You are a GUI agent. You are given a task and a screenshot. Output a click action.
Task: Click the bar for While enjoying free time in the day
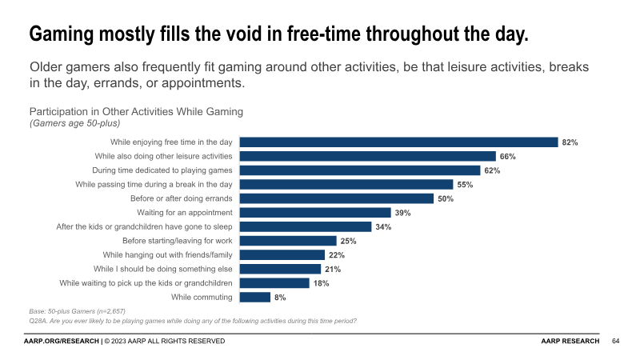(x=398, y=142)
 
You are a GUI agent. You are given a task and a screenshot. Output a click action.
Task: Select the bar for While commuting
(x=255, y=297)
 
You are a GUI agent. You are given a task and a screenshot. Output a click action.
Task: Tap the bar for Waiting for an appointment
(x=315, y=212)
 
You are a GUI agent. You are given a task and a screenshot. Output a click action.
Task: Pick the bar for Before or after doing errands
(x=337, y=198)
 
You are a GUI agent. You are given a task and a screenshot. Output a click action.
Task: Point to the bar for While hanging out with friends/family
(x=282, y=254)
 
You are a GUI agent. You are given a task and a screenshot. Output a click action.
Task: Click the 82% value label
(x=570, y=142)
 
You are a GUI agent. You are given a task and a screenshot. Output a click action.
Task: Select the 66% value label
(x=507, y=157)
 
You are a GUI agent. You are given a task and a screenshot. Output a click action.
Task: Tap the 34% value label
(x=383, y=226)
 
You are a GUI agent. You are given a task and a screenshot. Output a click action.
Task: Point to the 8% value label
(x=280, y=297)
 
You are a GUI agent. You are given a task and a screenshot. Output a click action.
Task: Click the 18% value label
(x=321, y=283)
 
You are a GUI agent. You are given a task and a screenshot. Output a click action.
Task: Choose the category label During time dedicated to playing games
(x=162, y=170)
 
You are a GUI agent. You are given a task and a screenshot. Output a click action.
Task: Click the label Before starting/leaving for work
(x=178, y=240)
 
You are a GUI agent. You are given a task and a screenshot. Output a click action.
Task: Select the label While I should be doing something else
(x=163, y=269)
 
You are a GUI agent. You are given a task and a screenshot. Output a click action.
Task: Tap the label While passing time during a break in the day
(x=154, y=184)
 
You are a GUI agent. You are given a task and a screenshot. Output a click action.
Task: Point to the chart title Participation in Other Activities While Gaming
(x=136, y=111)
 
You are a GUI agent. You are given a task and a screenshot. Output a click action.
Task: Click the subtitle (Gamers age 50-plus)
(x=74, y=123)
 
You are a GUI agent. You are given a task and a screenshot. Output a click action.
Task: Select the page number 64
(x=616, y=342)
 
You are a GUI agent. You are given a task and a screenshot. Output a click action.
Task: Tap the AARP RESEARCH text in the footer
(x=570, y=342)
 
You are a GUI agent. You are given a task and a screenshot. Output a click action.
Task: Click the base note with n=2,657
(x=78, y=310)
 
